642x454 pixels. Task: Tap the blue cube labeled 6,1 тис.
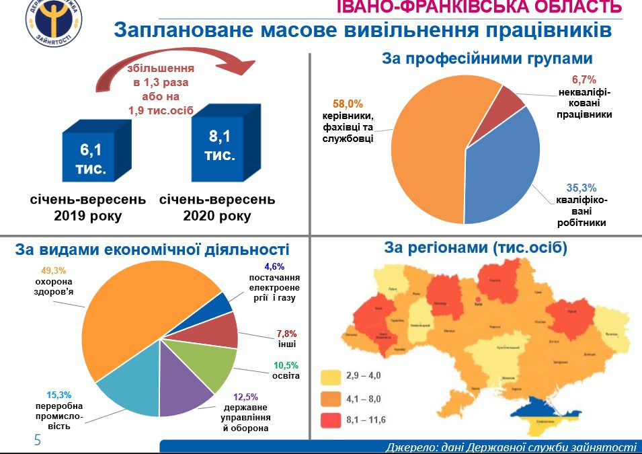(x=91, y=156)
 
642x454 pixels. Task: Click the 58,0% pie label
(x=348, y=104)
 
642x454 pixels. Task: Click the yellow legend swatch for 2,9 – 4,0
(x=331, y=375)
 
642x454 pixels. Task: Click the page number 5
(x=38, y=441)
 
